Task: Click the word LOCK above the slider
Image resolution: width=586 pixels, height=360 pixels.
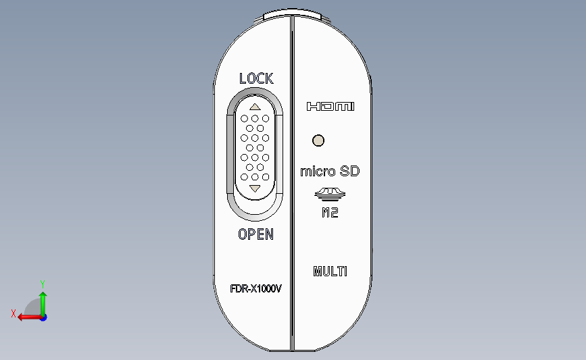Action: pyautogui.click(x=256, y=78)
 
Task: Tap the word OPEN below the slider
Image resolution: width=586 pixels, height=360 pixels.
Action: pyautogui.click(x=255, y=234)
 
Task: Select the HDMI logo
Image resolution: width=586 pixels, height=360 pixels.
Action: pyautogui.click(x=331, y=107)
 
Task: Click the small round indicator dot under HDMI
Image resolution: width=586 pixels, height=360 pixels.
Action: pyautogui.click(x=318, y=140)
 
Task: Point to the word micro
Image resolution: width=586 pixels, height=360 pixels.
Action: pyautogui.click(x=317, y=172)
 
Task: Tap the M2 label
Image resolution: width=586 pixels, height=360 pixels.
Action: pyautogui.click(x=331, y=214)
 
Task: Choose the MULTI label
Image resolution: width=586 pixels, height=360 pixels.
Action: pyautogui.click(x=331, y=272)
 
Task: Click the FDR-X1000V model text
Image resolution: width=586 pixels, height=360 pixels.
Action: pyautogui.click(x=255, y=288)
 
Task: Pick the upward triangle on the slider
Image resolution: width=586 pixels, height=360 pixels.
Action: pyautogui.click(x=255, y=106)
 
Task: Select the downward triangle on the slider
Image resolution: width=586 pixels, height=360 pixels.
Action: pyautogui.click(x=255, y=188)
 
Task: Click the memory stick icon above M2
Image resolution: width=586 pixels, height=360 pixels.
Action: pyautogui.click(x=331, y=195)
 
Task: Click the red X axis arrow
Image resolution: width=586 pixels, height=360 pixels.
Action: pyautogui.click(x=26, y=317)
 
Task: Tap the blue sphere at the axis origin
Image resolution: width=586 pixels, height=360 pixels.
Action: pyautogui.click(x=43, y=317)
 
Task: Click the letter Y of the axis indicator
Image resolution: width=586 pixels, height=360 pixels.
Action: pyautogui.click(x=42, y=284)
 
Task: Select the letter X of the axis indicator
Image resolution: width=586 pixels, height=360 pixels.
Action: pyautogui.click(x=14, y=313)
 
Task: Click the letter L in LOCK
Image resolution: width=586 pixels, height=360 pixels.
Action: pyautogui.click(x=243, y=78)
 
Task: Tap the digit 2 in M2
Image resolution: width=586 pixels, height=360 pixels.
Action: pyautogui.click(x=335, y=214)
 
